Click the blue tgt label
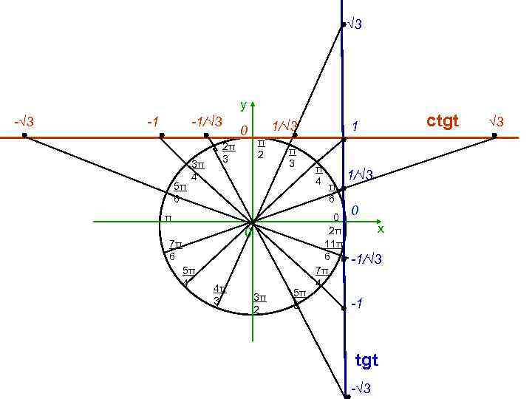(366, 361)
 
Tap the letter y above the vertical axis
(244, 106)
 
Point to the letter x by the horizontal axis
(381, 230)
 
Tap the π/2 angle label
(261, 148)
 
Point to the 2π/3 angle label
(228, 152)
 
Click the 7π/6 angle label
(174, 250)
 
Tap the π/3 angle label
(292, 157)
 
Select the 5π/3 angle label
(299, 299)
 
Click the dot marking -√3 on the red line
(24, 136)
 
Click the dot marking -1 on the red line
(162, 136)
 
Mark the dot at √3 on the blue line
(343, 26)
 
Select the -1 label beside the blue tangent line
(357, 304)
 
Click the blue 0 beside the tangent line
(355, 212)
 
